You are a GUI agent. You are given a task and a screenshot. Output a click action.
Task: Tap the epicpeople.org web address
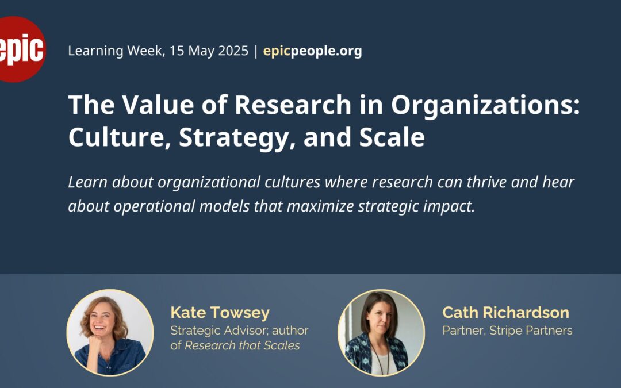(x=312, y=51)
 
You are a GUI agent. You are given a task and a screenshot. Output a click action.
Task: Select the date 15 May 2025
(x=209, y=51)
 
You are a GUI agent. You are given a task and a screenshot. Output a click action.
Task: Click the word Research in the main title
(x=293, y=105)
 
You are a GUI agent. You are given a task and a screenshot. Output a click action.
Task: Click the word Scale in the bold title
(x=392, y=137)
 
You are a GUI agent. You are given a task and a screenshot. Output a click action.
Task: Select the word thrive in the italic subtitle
(x=485, y=182)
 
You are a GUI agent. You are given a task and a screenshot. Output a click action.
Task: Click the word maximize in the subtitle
(x=320, y=206)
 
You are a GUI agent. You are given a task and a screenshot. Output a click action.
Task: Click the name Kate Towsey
(x=220, y=313)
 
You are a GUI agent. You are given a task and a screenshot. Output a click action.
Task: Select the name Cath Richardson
(x=506, y=313)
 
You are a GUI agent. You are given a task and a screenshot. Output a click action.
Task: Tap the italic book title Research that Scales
(x=243, y=345)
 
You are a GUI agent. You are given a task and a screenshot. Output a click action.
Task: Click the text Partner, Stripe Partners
(x=507, y=331)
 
